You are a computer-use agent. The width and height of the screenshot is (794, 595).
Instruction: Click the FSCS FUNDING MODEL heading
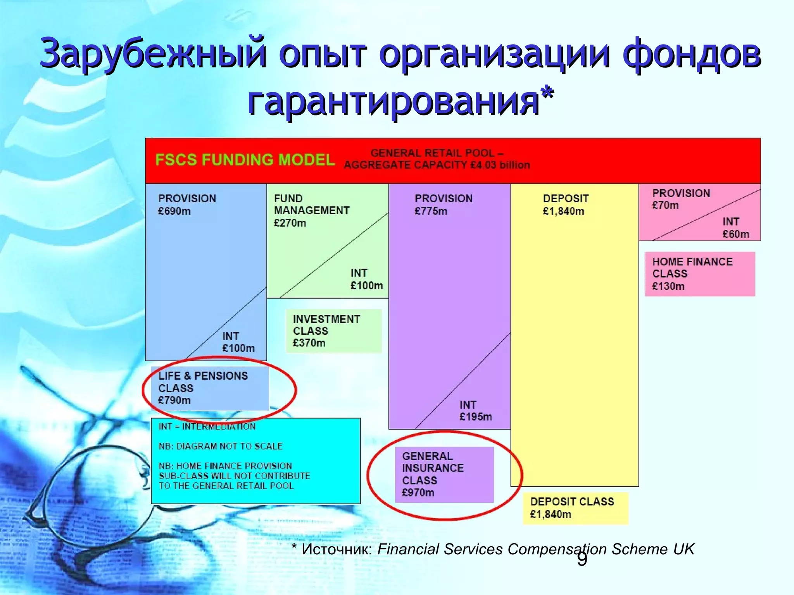pyautogui.click(x=245, y=160)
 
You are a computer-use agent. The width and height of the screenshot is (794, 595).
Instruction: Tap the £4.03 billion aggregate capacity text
pyautogui.click(x=500, y=165)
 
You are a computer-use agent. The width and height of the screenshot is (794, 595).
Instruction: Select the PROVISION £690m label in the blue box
pyautogui.click(x=187, y=205)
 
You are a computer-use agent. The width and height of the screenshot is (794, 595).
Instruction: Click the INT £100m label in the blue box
pyautogui.click(x=238, y=342)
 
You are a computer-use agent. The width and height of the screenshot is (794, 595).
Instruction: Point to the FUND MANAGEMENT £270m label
pyautogui.click(x=311, y=211)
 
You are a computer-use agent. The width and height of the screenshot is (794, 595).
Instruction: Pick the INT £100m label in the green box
pyautogui.click(x=366, y=279)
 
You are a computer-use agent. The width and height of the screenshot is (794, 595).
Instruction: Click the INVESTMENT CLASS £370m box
pyautogui.click(x=333, y=331)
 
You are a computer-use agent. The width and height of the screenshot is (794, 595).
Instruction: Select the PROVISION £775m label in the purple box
pyautogui.click(x=443, y=205)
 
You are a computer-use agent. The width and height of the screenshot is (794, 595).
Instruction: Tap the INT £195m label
pyautogui.click(x=475, y=411)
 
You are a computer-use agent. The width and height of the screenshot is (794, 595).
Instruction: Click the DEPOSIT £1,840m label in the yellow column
pyautogui.click(x=565, y=205)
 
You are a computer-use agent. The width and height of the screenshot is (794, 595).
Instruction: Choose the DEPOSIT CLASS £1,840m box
pyautogui.click(x=575, y=508)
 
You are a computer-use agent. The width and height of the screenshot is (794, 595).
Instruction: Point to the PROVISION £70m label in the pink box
pyautogui.click(x=680, y=199)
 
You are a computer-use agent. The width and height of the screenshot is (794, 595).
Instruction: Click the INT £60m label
pyautogui.click(x=735, y=228)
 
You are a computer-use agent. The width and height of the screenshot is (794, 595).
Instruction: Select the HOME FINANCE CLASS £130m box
pyautogui.click(x=699, y=274)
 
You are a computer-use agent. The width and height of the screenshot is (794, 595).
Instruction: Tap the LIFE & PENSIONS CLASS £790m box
pyautogui.click(x=209, y=388)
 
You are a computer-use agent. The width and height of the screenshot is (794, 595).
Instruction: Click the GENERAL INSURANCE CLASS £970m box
pyautogui.click(x=444, y=475)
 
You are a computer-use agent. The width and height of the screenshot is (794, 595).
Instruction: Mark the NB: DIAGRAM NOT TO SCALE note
pyautogui.click(x=221, y=446)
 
